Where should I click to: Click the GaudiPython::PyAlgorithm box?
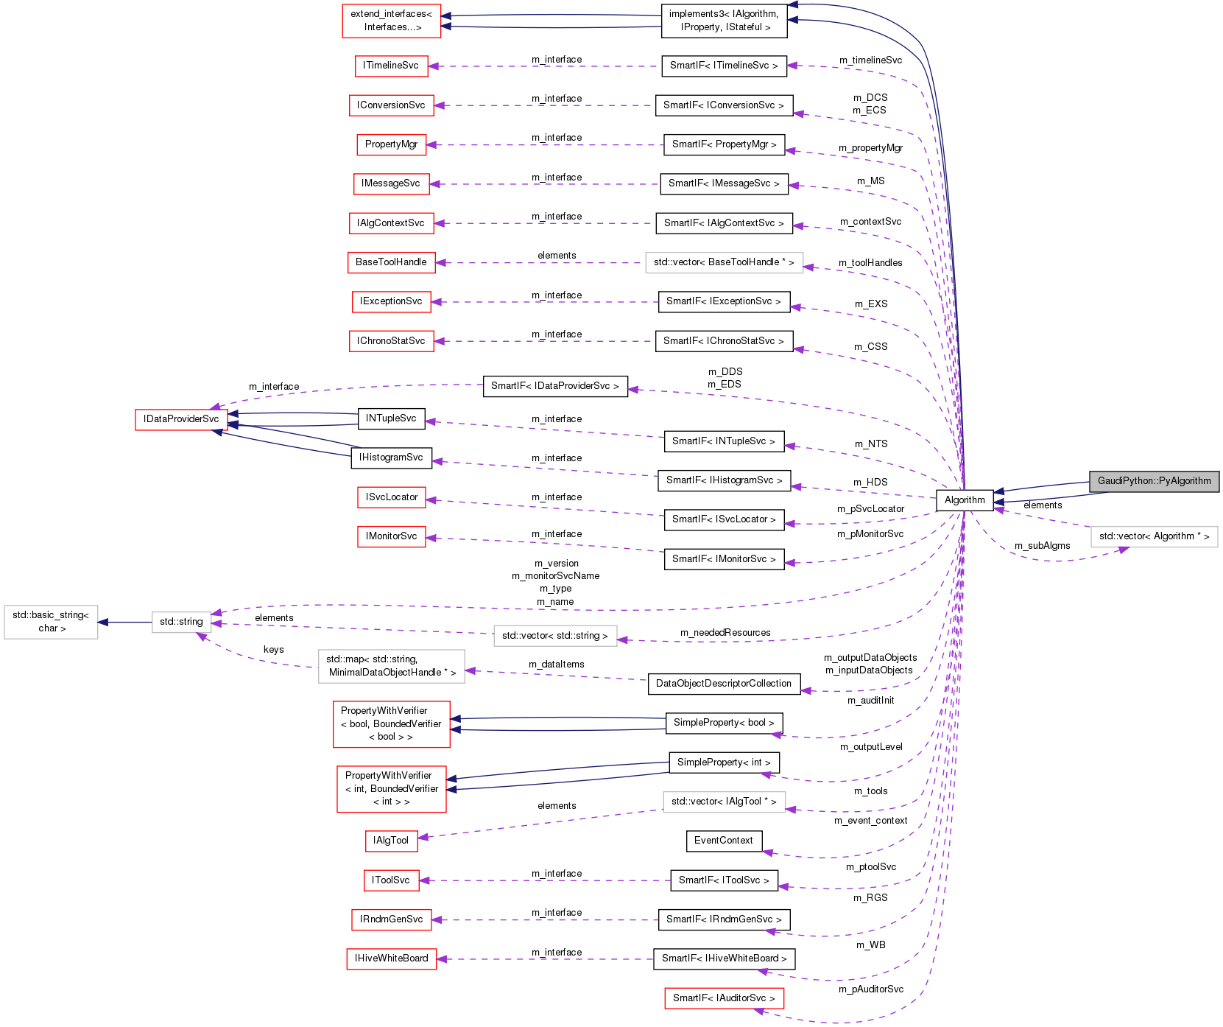[1154, 481]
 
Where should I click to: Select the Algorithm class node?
[964, 500]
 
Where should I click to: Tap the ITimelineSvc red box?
[390, 66]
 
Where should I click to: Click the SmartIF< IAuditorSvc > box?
[723, 998]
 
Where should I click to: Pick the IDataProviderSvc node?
[181, 419]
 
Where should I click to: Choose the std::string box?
[181, 622]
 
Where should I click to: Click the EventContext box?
[723, 841]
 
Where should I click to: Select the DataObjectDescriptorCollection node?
[723, 684]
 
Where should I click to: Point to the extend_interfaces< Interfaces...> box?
[391, 21]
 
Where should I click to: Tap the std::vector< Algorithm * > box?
[1154, 536]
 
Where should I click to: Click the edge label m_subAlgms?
[1042, 546]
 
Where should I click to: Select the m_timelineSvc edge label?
[870, 60]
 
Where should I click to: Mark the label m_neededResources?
[725, 633]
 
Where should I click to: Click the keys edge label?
[273, 650]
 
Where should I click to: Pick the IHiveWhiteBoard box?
[391, 958]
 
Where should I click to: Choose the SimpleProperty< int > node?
[723, 763]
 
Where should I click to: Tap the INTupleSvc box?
[391, 418]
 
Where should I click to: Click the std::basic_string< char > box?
[51, 622]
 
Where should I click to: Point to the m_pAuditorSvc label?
[870, 989]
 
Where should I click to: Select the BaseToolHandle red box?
[391, 262]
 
